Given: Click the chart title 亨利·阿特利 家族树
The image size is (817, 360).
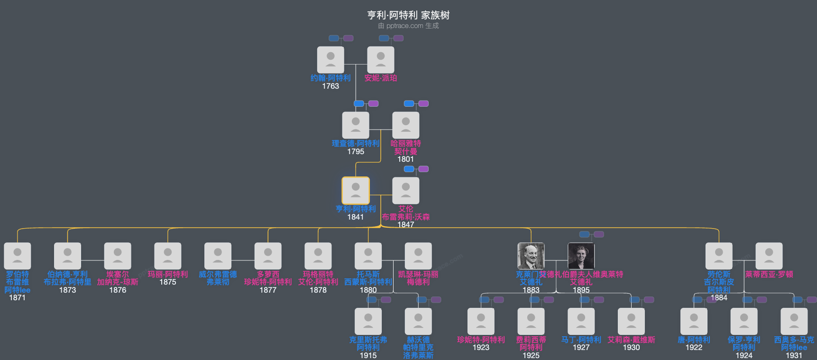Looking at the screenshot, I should pyautogui.click(x=408, y=15).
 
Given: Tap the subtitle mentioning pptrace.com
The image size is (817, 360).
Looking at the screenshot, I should pyautogui.click(x=408, y=26).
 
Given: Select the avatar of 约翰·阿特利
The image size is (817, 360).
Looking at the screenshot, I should pyautogui.click(x=330, y=60).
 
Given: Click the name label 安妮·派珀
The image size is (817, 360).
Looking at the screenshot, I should pyautogui.click(x=381, y=78).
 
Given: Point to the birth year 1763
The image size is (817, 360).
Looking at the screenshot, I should pyautogui.click(x=330, y=86).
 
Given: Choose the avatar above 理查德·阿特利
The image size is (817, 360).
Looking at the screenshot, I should pyautogui.click(x=356, y=125).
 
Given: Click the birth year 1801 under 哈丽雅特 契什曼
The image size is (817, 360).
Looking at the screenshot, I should pyautogui.click(x=405, y=159).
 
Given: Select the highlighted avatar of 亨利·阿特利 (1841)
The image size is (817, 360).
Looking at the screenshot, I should pyautogui.click(x=356, y=191).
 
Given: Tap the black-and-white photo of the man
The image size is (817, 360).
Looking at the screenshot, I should pyautogui.click(x=531, y=256).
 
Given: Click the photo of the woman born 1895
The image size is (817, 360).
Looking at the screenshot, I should pyautogui.click(x=581, y=256).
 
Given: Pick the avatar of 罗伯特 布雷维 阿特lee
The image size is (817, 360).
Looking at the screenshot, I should pyautogui.click(x=18, y=256).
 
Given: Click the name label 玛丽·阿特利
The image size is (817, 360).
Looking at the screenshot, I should pyautogui.click(x=168, y=274).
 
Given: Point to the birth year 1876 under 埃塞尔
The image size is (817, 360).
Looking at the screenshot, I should pyautogui.click(x=118, y=290).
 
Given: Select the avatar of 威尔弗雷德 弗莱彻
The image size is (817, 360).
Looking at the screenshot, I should pyautogui.click(x=218, y=256).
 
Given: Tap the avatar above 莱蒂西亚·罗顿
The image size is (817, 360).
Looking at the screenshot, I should pyautogui.click(x=769, y=256).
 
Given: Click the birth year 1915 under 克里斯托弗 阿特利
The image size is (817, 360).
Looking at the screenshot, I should pyautogui.click(x=368, y=355).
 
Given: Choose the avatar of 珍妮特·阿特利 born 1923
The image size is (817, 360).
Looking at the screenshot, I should pyautogui.click(x=481, y=322).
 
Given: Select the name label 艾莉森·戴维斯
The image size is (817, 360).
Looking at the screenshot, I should pyautogui.click(x=631, y=340).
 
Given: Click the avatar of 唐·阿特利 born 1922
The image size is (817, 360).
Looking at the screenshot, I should pyautogui.click(x=694, y=322).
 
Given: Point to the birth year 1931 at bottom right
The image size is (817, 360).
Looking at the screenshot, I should pyautogui.click(x=794, y=355).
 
